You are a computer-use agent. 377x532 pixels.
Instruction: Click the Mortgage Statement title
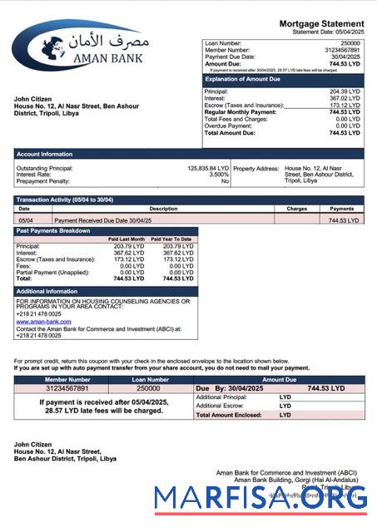tap(321, 23)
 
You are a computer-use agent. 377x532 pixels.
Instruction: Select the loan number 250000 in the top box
tap(350, 42)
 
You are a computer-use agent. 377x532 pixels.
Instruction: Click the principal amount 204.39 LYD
tap(345, 91)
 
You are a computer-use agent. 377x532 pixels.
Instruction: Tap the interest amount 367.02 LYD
tap(345, 99)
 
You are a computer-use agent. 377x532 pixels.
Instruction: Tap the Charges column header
tap(296, 209)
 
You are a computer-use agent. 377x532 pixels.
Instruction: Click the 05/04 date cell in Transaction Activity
tap(25, 220)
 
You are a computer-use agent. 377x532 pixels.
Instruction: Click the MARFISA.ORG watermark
tap(260, 497)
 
